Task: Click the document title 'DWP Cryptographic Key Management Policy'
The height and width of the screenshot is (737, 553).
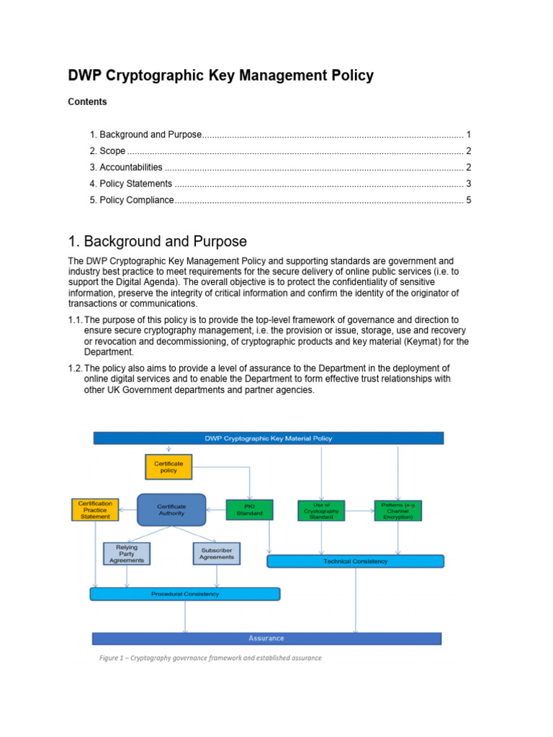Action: [220, 76]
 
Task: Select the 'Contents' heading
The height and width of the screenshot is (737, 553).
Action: [87, 102]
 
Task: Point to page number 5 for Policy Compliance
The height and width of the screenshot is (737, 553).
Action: [468, 200]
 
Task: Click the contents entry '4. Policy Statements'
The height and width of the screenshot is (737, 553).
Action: [131, 184]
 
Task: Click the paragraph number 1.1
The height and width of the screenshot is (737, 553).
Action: [76, 320]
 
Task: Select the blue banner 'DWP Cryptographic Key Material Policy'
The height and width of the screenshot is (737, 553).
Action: [268, 438]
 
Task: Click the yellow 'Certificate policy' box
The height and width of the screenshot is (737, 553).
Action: [168, 467]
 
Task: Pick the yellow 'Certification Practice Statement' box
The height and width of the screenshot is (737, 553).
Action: [95, 510]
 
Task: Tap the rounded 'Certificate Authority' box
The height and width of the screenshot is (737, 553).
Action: [171, 510]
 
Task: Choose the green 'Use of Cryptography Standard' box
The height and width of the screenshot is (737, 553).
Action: [321, 510]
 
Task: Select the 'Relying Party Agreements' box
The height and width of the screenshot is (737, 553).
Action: [127, 553]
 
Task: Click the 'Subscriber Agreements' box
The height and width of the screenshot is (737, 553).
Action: [217, 553]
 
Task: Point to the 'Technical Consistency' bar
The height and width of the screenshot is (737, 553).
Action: [355, 561]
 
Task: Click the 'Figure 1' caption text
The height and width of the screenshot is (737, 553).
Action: [210, 658]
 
